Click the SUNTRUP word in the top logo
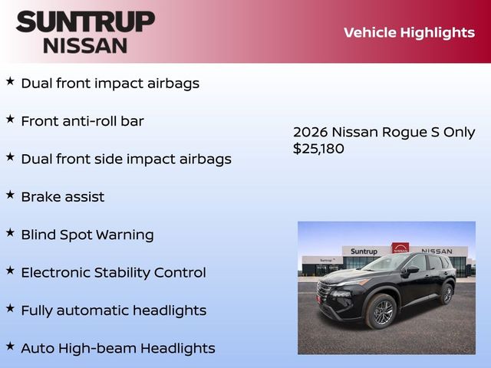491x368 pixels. coord(85,21)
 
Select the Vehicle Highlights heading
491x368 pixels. coord(409,32)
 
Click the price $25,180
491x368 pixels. coord(318,149)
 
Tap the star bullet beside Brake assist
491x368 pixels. coord(10,195)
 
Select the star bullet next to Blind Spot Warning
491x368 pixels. coord(10,232)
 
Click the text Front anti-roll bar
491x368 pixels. coord(82,121)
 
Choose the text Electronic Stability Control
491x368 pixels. coord(113,272)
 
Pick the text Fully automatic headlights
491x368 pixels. coord(113,310)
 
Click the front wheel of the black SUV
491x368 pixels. coord(382,312)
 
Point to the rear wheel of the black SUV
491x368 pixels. coord(447,293)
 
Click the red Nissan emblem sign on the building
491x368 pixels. coord(400,248)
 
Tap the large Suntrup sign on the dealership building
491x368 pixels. coord(364,251)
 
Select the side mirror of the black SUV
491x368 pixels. coord(412,270)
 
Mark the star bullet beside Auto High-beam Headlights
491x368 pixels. coord(10,346)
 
